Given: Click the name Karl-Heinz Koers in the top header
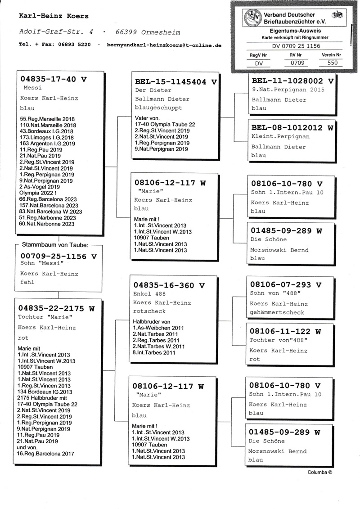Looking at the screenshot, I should tap(54, 16).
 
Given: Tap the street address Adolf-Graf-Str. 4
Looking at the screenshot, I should tap(56, 32).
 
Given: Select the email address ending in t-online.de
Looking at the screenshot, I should tap(164, 45).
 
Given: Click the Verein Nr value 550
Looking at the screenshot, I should tap(332, 63).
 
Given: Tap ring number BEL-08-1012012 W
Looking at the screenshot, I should tap(293, 128).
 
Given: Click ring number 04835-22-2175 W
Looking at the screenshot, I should tap(57, 308).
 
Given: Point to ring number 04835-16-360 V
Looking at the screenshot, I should tap(169, 285).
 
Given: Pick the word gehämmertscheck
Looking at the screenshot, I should tap(277, 312).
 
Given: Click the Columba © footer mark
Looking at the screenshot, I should tap(320, 473).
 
